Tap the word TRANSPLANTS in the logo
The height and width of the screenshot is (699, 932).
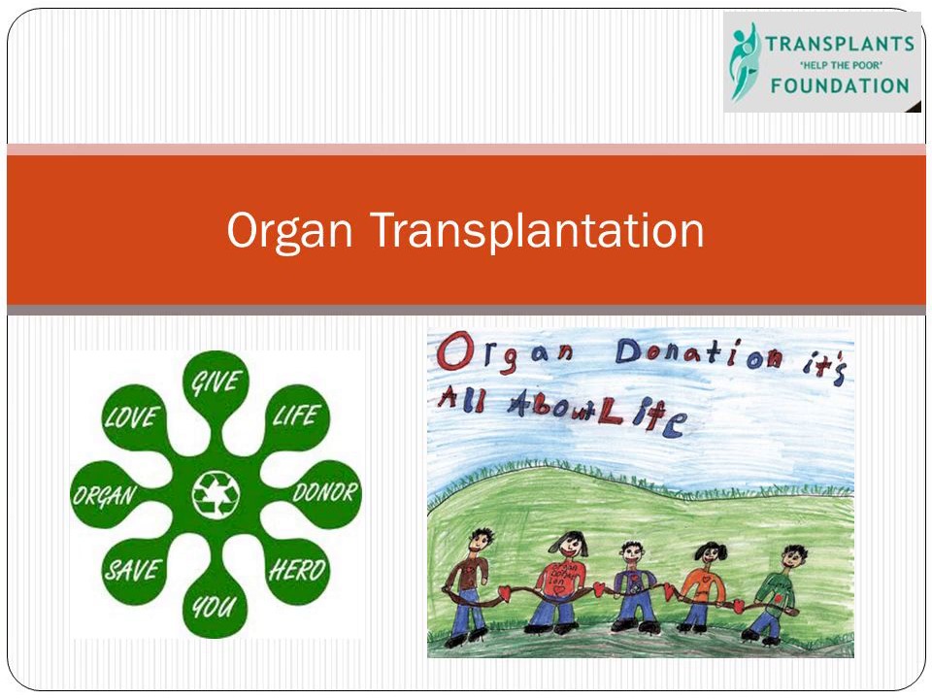pyautogui.click(x=840, y=44)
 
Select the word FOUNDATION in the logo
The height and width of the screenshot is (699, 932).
pyautogui.click(x=840, y=84)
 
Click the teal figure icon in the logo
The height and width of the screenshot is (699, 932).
pyautogui.click(x=744, y=60)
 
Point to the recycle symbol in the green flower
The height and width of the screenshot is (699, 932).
pyautogui.click(x=215, y=493)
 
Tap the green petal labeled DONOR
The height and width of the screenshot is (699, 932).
pyautogui.click(x=326, y=492)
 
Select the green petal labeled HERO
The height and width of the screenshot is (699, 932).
pyautogui.click(x=296, y=570)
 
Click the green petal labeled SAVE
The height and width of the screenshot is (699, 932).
pyautogui.click(x=133, y=570)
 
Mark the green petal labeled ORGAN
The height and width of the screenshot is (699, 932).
pyautogui.click(x=105, y=494)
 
